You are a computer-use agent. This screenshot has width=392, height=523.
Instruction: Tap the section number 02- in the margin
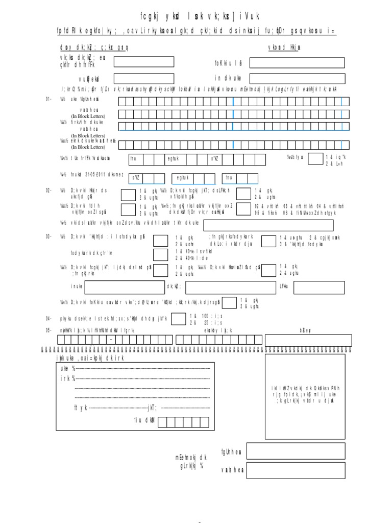48,191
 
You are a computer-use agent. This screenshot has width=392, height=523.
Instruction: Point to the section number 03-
48,237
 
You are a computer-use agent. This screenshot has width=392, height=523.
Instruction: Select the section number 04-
48,318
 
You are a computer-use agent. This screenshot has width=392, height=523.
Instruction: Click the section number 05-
48,330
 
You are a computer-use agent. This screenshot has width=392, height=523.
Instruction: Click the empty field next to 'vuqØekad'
144,79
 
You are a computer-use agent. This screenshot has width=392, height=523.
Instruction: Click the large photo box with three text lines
305,397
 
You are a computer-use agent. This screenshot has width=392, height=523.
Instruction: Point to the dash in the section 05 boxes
110,340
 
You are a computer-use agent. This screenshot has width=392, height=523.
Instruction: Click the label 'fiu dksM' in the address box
144,420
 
